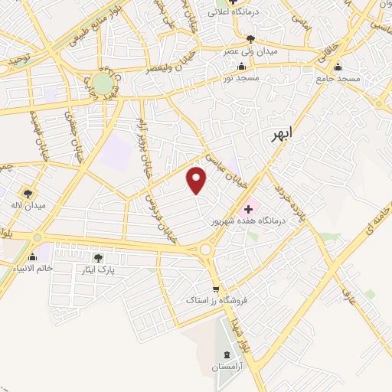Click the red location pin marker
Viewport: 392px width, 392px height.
tap(198, 180)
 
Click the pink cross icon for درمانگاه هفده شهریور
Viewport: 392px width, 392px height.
tap(248, 209)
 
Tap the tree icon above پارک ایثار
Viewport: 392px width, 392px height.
tap(97, 258)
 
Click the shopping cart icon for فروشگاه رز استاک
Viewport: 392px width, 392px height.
tap(216, 289)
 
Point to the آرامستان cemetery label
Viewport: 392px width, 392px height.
tap(227, 368)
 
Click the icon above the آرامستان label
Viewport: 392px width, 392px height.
tap(227, 354)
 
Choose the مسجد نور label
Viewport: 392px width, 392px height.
tap(242, 78)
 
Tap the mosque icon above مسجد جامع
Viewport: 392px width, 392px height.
tap(338, 67)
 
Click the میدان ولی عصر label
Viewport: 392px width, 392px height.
tap(240, 51)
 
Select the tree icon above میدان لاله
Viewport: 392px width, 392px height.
tap(28, 194)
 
